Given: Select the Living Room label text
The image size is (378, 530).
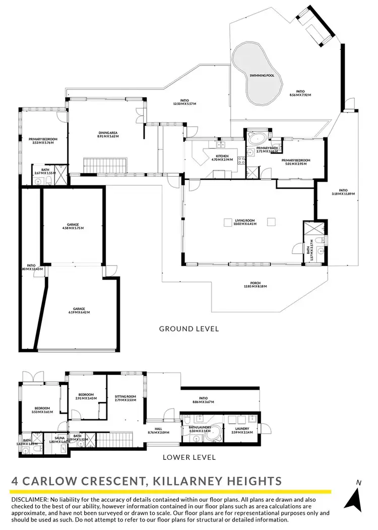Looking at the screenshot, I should tap(246, 222).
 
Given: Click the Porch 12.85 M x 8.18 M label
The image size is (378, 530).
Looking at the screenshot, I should tap(255, 284).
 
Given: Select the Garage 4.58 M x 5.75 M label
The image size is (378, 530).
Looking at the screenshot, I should tap(73, 226).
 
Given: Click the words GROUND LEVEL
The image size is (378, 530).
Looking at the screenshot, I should tap(189, 329).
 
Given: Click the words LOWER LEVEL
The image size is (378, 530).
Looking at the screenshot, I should tap(189, 458).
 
